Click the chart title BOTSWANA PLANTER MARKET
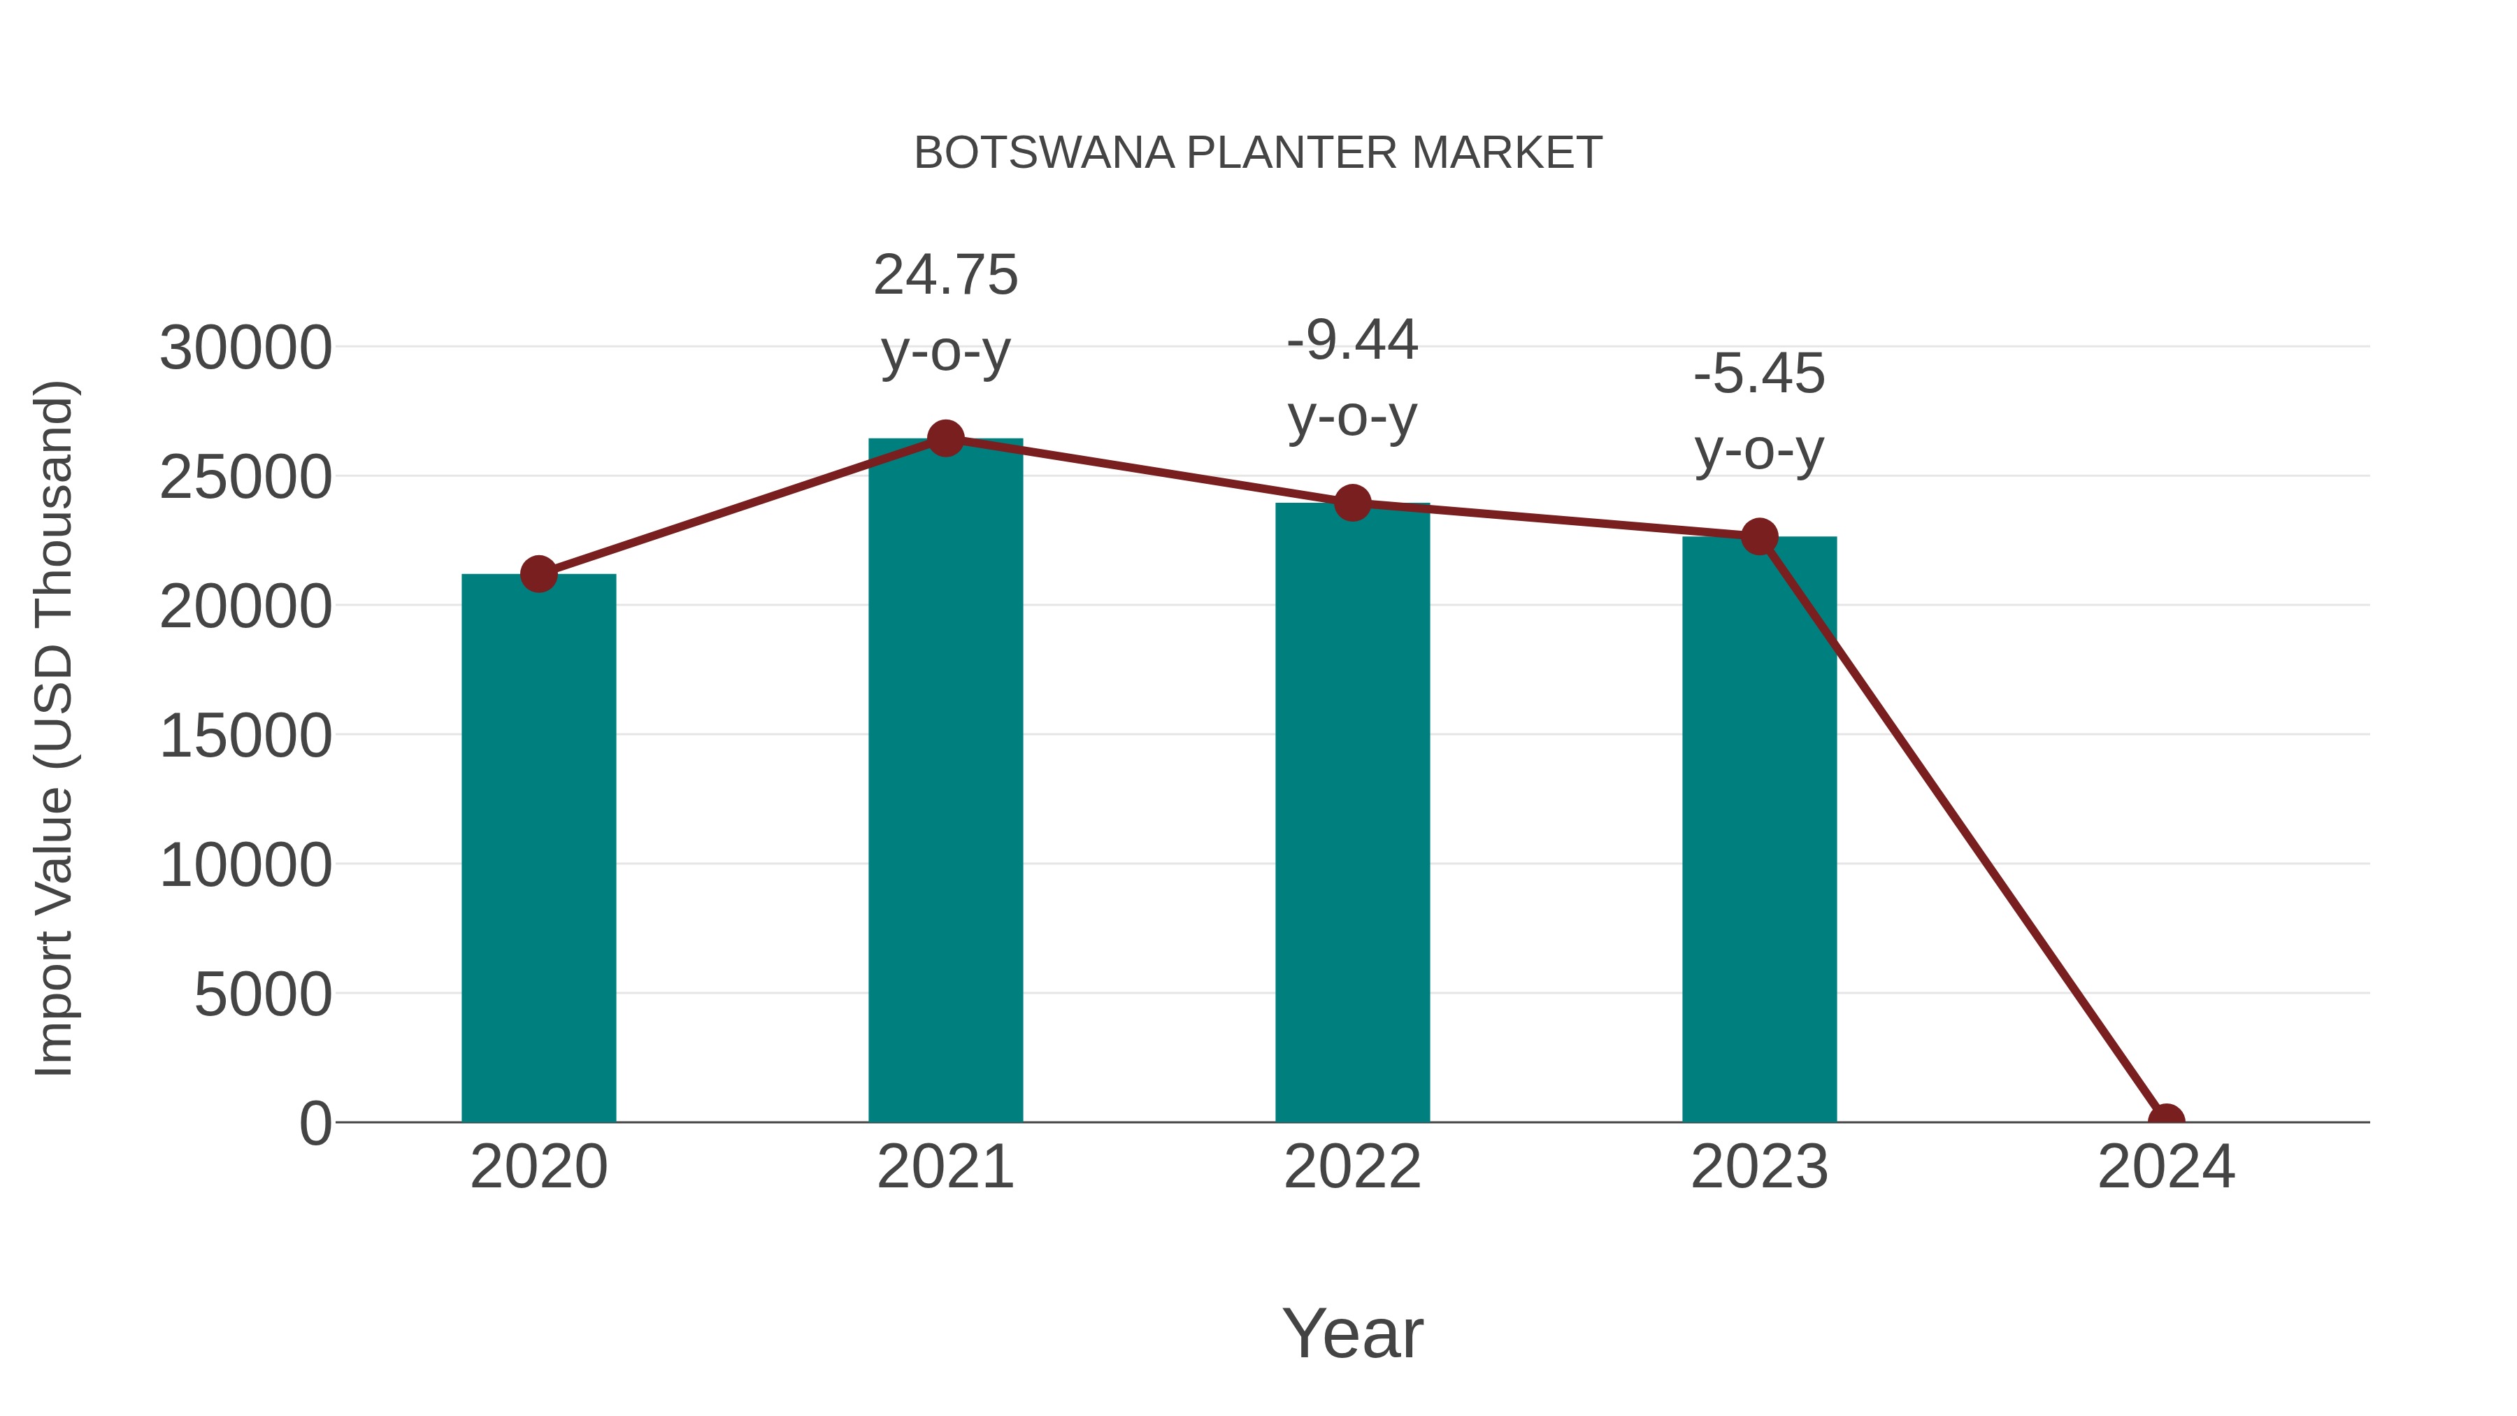[1258, 153]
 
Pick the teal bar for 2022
[1352, 812]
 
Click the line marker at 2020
[538, 575]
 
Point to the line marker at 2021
[945, 438]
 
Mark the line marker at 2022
[1352, 503]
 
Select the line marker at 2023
[1759, 536]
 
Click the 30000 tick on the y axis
[245, 348]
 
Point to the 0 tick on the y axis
[315, 1124]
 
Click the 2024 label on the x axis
[2165, 1167]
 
